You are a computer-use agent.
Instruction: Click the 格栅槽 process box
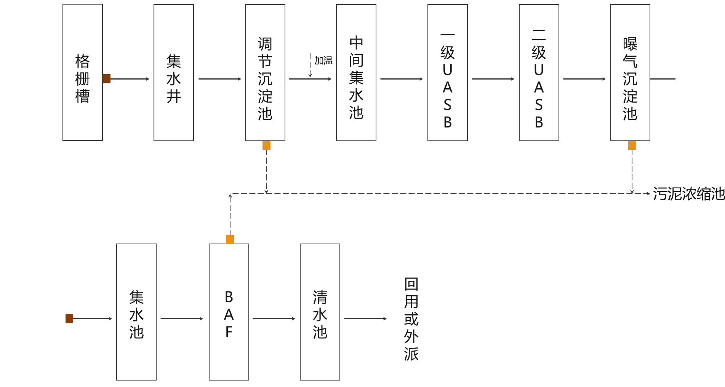pos(83,72)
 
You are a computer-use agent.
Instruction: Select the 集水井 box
pos(174,72)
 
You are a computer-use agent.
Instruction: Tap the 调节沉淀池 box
pos(265,72)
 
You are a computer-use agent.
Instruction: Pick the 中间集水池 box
pos(356,72)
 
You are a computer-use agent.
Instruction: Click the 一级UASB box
pos(448,72)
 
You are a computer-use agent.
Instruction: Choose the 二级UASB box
pos(539,72)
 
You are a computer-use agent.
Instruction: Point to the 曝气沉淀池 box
pos(630,72)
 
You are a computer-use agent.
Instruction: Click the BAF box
pos(229,312)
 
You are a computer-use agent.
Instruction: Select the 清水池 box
pos(320,312)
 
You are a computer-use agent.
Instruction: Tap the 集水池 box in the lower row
pos(136,312)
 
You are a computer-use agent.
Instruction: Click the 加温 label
pos(323,61)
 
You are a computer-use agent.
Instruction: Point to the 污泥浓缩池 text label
pos(688,194)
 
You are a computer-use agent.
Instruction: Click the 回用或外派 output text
pos(411,319)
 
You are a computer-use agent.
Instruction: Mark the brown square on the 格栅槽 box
pos(107,79)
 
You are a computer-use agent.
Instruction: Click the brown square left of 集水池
pos(69,319)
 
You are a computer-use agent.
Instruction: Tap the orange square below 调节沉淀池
pos(266,145)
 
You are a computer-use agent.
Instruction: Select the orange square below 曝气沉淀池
pos(632,145)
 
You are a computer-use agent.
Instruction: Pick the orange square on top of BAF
pos(230,239)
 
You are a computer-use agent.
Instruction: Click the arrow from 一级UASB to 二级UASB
pos(493,79)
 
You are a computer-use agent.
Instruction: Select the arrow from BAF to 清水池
pos(274,319)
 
